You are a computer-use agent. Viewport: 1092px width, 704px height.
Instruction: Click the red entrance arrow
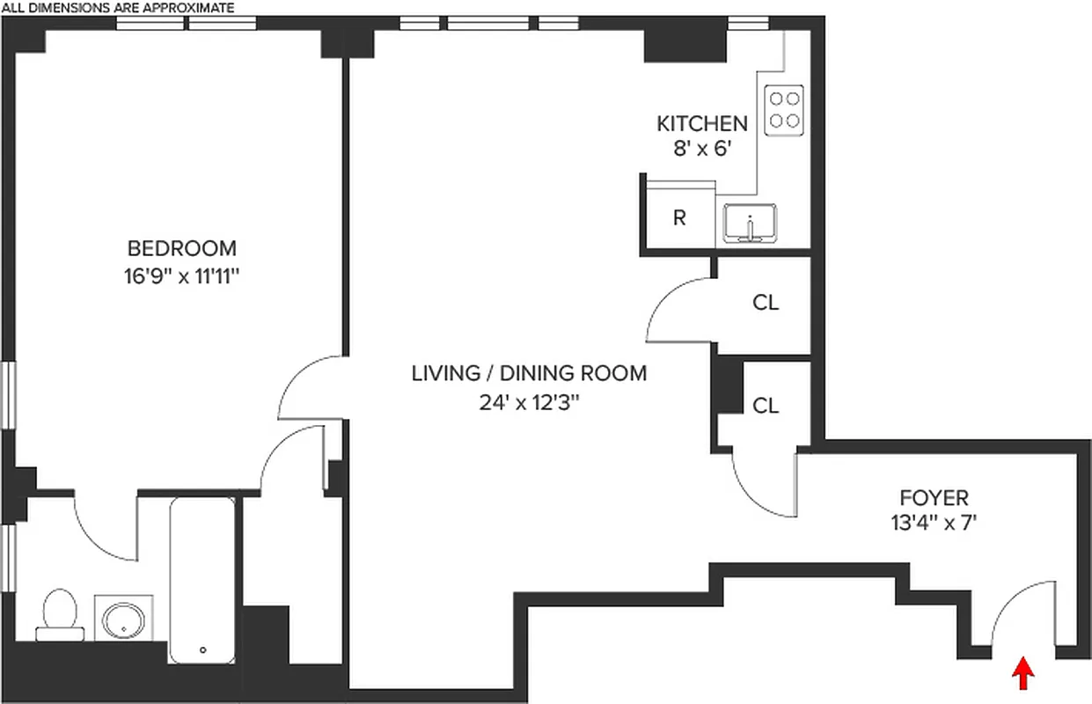tap(1022, 675)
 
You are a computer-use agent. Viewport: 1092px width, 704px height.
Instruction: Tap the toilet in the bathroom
tap(59, 613)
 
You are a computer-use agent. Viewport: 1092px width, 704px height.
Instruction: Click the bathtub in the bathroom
tap(202, 581)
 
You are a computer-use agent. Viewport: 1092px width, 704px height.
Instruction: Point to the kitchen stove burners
tap(783, 110)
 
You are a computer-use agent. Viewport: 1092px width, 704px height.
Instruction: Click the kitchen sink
tap(749, 223)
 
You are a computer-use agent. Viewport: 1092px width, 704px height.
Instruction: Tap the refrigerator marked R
tap(679, 217)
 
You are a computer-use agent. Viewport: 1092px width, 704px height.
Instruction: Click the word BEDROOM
tap(182, 247)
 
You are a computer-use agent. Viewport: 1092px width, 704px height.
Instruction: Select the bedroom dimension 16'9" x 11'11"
tap(182, 275)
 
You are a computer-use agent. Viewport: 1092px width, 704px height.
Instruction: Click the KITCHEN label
tap(703, 123)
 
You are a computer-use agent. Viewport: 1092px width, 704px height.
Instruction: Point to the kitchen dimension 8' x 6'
tap(703, 149)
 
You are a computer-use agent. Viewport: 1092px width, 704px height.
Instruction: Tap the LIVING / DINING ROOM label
tap(529, 373)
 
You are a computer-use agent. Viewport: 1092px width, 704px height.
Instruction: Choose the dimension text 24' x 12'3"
tap(529, 403)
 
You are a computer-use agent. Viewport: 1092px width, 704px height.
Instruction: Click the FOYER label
tap(934, 497)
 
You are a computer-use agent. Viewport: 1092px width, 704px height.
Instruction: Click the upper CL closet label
tap(766, 303)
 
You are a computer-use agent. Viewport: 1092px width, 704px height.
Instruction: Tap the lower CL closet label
tap(766, 405)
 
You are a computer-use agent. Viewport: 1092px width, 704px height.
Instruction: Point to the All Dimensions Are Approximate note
tap(117, 8)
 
